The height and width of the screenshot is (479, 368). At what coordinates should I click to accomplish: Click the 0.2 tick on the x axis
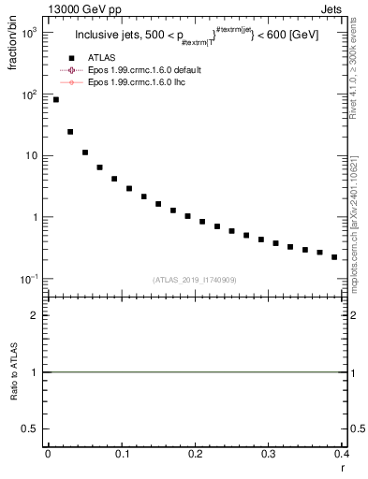(x=195, y=454)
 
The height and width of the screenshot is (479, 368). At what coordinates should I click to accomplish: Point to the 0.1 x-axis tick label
(x=122, y=454)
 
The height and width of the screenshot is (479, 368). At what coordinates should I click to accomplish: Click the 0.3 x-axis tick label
(x=269, y=454)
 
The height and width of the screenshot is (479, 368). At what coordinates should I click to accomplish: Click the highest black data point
(x=55, y=99)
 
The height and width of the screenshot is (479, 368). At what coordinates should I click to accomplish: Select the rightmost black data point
(x=334, y=256)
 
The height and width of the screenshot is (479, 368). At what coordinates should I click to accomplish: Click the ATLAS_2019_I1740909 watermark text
(x=194, y=279)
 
